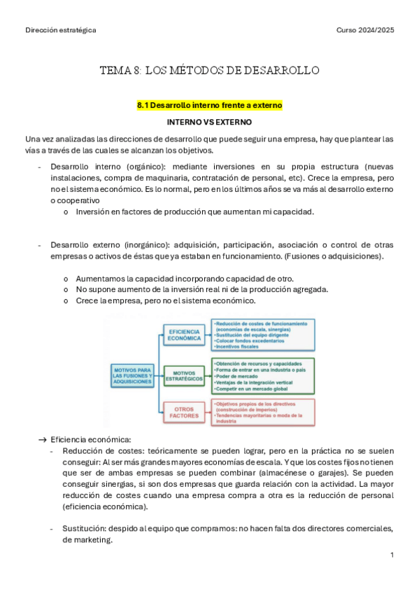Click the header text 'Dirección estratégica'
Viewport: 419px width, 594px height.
pos(60,30)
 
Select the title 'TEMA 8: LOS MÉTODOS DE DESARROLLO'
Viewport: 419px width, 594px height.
pos(209,70)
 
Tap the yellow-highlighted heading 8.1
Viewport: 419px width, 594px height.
pos(209,105)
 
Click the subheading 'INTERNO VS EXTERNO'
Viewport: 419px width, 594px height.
pos(209,122)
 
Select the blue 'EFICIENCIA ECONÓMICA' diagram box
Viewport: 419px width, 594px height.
pos(184,335)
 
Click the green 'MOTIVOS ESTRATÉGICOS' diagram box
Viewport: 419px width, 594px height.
pos(184,376)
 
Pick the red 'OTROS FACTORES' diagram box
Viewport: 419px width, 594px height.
pos(184,412)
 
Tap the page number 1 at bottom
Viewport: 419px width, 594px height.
pos(392,555)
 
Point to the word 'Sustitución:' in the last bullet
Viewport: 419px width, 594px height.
pos(83,528)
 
